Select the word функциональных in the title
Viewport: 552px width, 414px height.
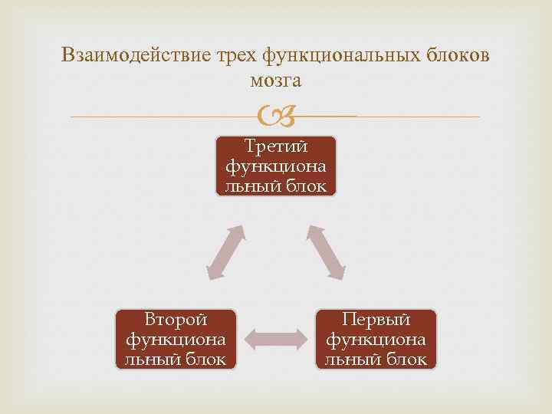click(x=342, y=55)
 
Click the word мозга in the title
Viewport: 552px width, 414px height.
click(x=276, y=80)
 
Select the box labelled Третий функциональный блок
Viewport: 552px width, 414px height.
click(x=276, y=166)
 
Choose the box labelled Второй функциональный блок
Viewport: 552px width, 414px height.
click(x=176, y=339)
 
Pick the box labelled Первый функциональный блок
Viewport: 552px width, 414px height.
click(x=376, y=339)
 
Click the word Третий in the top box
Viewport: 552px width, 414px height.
click(x=276, y=146)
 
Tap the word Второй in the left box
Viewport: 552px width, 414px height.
click(x=176, y=319)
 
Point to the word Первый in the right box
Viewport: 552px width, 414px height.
click(x=376, y=319)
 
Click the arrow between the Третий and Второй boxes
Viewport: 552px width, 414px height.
click(x=225, y=252)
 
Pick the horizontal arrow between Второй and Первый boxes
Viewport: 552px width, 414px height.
click(x=276, y=338)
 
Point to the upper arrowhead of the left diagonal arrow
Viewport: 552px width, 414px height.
click(x=238, y=231)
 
